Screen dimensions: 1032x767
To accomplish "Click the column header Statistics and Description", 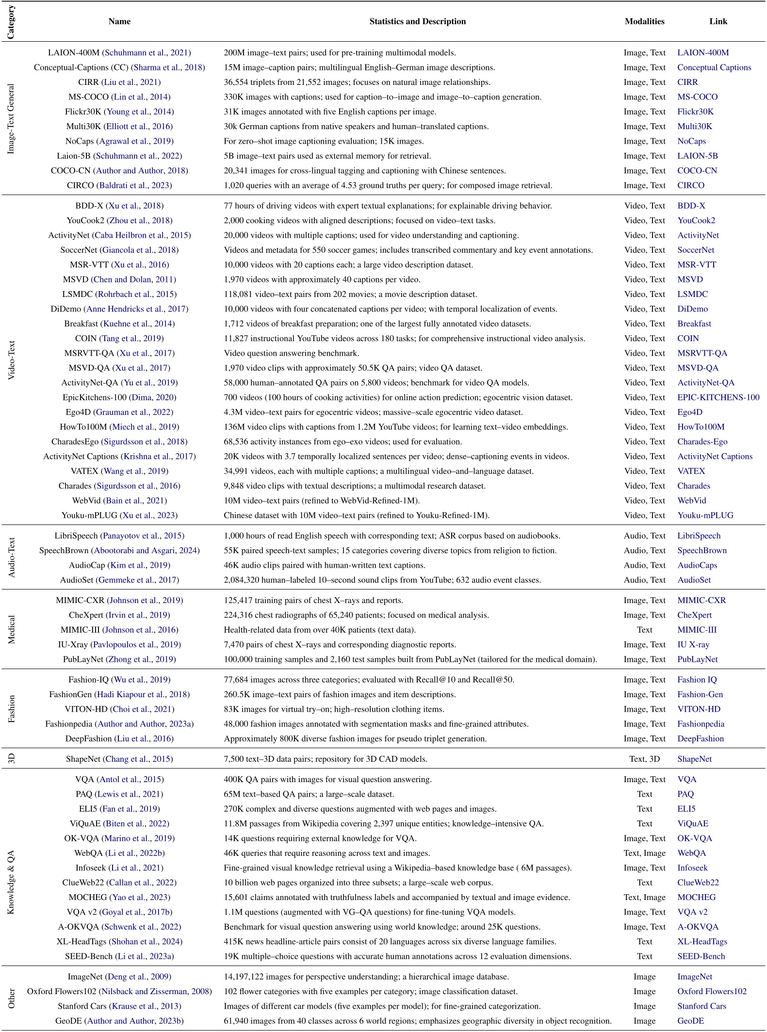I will [x=417, y=21].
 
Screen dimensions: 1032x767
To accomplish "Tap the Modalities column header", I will [x=644, y=21].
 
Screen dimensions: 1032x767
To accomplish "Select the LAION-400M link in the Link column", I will [x=703, y=52].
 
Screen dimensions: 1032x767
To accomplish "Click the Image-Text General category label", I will [x=11, y=119].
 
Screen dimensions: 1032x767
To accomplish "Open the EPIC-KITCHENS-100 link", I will [x=718, y=397].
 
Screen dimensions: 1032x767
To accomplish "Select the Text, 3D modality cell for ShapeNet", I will [x=644, y=759].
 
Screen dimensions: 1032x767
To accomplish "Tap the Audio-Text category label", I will [x=11, y=557].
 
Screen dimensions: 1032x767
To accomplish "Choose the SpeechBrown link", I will [x=702, y=550].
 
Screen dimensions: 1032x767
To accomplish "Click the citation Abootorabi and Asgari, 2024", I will [x=147, y=550].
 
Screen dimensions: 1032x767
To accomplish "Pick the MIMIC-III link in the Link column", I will [x=697, y=630].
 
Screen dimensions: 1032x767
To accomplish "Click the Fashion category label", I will [x=11, y=709].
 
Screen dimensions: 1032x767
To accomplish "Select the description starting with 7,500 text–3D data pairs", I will [x=326, y=759].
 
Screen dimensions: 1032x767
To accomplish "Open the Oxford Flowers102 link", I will [x=712, y=991].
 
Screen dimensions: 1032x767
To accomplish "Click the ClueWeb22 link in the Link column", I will [x=698, y=883].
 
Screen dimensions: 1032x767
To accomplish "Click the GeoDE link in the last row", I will [x=690, y=1021].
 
